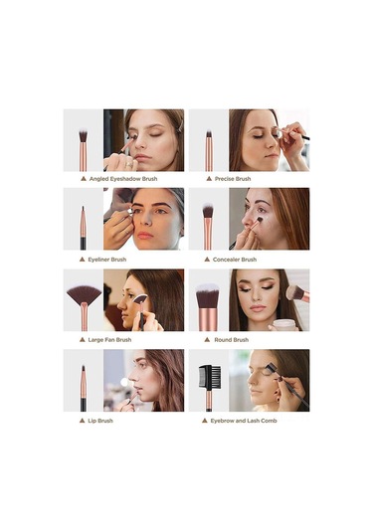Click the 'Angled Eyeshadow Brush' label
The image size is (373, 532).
click(123, 179)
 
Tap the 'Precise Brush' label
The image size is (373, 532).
click(233, 179)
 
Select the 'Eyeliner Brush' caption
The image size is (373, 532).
click(107, 260)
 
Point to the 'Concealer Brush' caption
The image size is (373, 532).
click(235, 260)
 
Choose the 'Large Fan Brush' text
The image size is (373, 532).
click(109, 340)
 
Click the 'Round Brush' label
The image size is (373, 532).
click(232, 340)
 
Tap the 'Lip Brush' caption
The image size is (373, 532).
click(100, 421)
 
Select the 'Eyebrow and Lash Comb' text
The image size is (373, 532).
click(244, 421)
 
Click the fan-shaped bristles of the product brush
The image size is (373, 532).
click(84, 293)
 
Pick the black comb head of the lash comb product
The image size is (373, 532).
click(210, 378)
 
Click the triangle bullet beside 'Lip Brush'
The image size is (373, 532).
click(82, 421)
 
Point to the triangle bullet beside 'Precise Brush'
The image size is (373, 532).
click(209, 179)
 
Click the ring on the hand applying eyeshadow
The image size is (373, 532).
click(129, 165)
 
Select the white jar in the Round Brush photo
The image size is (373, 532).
click(284, 325)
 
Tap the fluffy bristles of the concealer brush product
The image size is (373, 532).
click(208, 211)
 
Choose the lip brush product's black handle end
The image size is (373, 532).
click(84, 405)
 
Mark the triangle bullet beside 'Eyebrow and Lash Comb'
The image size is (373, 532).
click(204, 421)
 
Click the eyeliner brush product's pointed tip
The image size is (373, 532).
click(83, 208)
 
